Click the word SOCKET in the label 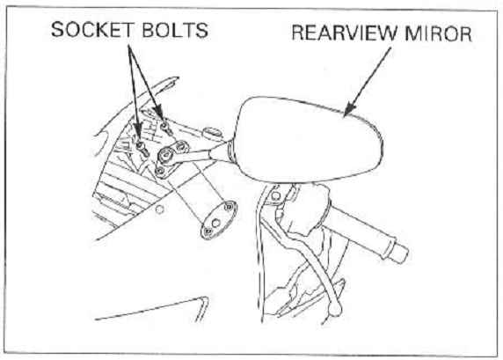coord(92,30)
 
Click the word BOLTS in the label coord(175,30)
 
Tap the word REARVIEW coord(345,33)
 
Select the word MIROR coord(438,33)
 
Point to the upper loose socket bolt coord(166,129)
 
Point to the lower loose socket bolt coord(142,149)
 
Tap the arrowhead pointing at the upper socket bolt coord(159,113)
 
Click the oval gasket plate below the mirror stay coord(219,220)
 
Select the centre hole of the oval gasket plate coord(216,222)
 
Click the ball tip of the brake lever coord(336,309)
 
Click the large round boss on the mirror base coord(165,155)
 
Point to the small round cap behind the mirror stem coord(212,132)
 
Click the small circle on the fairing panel coord(159,209)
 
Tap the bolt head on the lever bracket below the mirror coord(275,195)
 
